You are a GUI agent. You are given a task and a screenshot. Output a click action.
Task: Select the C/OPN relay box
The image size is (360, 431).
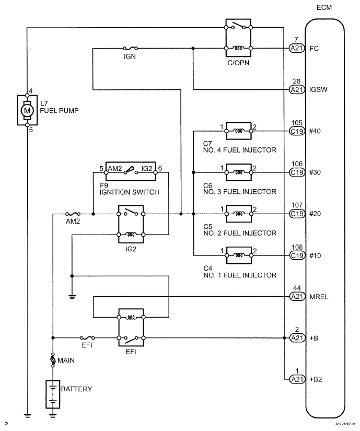(x=238, y=37)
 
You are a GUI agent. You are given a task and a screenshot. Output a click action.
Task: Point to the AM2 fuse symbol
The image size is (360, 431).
(x=73, y=214)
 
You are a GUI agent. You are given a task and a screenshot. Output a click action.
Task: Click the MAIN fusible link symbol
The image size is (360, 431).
(x=52, y=360)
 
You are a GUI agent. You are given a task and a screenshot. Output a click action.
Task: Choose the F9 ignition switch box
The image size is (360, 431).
(x=133, y=168)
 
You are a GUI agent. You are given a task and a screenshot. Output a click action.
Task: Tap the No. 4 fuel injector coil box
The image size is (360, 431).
(x=238, y=131)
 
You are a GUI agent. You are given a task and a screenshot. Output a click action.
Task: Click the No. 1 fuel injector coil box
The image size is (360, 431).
(x=238, y=255)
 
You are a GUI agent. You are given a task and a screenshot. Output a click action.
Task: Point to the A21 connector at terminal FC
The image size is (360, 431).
(x=297, y=49)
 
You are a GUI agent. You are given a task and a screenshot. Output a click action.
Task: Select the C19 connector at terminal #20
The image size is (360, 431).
(x=297, y=214)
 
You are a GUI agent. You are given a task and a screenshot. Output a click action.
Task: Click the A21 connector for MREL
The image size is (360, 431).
(x=297, y=296)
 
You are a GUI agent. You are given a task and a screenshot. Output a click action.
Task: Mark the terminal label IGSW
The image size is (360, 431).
(x=319, y=90)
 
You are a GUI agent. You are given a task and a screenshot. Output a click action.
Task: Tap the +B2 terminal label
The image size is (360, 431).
(x=317, y=379)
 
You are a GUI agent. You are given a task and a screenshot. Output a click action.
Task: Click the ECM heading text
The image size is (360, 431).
(x=324, y=7)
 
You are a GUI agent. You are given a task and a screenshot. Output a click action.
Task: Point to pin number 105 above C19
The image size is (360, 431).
(x=297, y=123)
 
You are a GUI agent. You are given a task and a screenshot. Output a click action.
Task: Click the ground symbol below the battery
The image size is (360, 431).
(x=52, y=416)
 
